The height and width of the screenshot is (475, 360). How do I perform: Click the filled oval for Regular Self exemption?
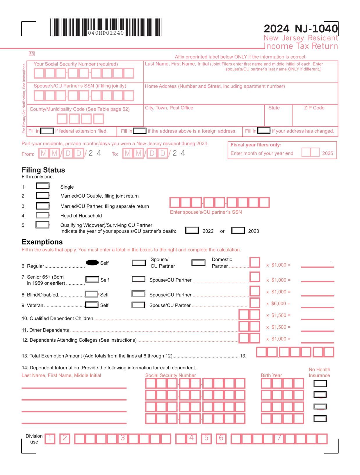(92, 263)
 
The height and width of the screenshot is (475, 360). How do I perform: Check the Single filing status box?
(42, 186)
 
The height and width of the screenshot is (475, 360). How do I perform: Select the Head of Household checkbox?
(42, 215)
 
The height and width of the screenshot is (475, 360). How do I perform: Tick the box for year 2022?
(192, 231)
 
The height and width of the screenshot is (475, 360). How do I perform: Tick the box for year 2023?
(238, 231)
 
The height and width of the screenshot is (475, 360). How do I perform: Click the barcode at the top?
(106, 27)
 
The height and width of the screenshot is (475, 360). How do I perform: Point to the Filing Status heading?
(43, 170)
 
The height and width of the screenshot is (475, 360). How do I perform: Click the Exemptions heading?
(42, 242)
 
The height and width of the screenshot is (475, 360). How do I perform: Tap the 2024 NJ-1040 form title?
(301, 29)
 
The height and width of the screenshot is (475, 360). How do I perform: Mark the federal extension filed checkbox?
(47, 131)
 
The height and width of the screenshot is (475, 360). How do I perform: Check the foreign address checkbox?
(140, 131)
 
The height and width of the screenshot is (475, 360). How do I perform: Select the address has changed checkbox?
(264, 131)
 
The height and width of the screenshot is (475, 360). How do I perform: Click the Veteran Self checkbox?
(92, 305)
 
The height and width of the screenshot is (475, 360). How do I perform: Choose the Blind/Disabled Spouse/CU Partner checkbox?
(138, 294)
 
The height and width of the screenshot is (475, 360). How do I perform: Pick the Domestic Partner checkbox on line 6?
(198, 263)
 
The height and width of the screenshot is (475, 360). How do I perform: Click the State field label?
(274, 108)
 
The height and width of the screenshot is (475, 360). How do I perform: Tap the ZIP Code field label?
(314, 108)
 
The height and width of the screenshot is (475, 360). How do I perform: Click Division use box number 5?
(206, 438)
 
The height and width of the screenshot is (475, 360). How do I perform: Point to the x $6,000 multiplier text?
(278, 304)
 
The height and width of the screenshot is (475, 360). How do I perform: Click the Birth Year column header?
(271, 375)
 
